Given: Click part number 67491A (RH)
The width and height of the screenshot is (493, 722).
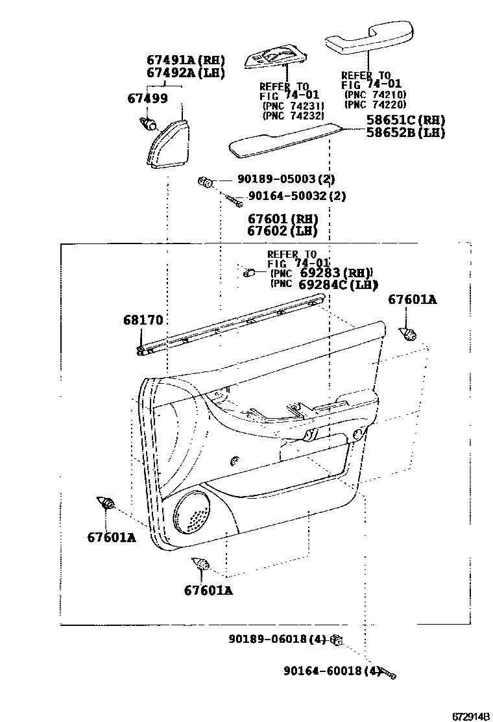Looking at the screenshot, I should tap(185, 60).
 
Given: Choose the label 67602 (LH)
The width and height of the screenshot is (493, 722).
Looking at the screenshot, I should tap(282, 230).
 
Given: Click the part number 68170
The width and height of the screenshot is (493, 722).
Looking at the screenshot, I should tap(143, 319).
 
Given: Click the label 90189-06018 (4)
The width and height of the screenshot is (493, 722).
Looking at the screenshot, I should tap(276, 639).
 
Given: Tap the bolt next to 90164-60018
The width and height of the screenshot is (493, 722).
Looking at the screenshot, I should tap(387, 673).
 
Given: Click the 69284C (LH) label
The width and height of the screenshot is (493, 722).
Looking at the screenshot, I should tap(338, 284).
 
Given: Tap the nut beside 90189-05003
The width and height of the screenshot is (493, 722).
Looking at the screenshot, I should tap(205, 180).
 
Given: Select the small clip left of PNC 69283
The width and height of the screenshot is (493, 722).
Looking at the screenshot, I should tap(248, 273).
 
